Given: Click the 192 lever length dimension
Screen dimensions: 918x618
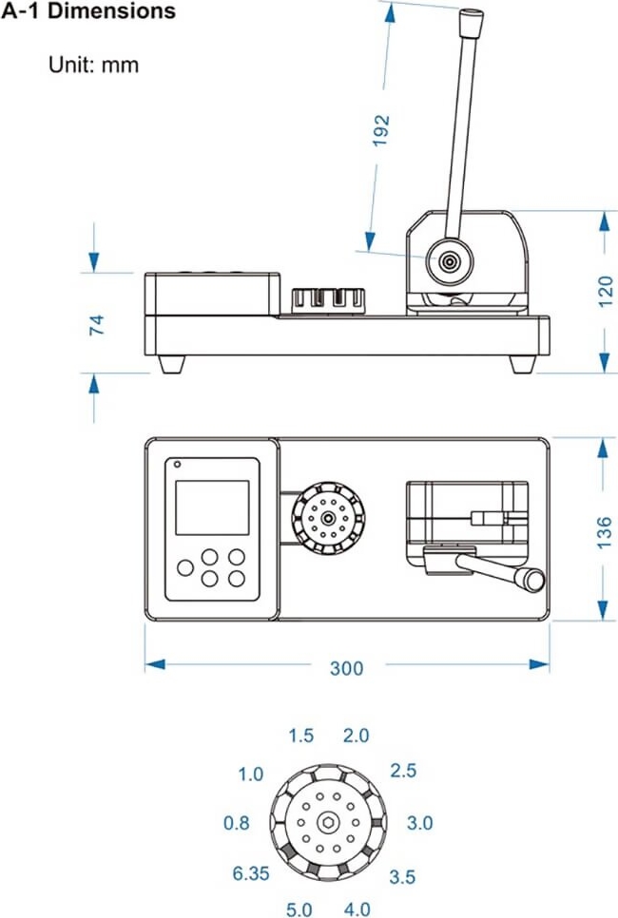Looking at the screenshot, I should coord(382,130).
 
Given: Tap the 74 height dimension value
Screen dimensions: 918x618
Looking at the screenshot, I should coord(96,325).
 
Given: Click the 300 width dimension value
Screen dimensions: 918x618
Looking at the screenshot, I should coord(346,668).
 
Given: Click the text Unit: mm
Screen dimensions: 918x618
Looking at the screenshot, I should coord(93,66).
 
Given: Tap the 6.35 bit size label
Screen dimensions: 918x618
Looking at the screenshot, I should coord(251,873).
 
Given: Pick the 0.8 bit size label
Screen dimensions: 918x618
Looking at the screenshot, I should coord(237,823).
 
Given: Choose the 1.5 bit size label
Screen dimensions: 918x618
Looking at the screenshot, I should coord(300,736).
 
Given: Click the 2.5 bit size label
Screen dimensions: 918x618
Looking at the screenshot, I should coord(403,771).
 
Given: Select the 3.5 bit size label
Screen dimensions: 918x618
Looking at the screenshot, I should coord(402,876).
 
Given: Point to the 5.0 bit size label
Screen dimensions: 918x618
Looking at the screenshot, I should coord(300,909).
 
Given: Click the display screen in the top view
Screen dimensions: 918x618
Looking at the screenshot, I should coord(211,507).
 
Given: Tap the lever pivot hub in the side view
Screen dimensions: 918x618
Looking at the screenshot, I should coord(448,258).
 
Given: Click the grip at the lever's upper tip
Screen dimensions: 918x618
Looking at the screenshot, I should coord(471,21).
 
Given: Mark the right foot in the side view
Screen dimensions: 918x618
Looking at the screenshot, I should coord(522,363).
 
